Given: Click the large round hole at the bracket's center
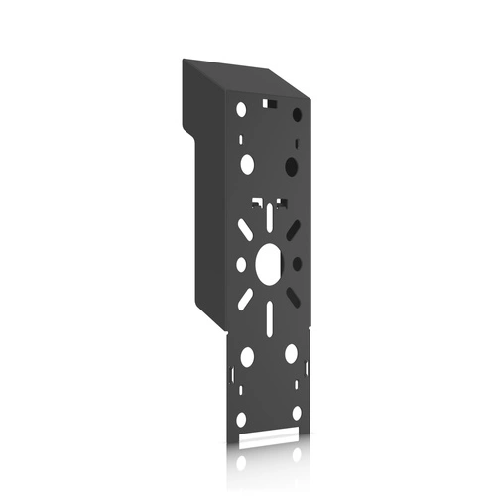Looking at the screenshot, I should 269,262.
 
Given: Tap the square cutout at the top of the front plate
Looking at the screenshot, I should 268,101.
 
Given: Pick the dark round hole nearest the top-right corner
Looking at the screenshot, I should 296,115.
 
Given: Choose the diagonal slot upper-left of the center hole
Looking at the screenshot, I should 245,228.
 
